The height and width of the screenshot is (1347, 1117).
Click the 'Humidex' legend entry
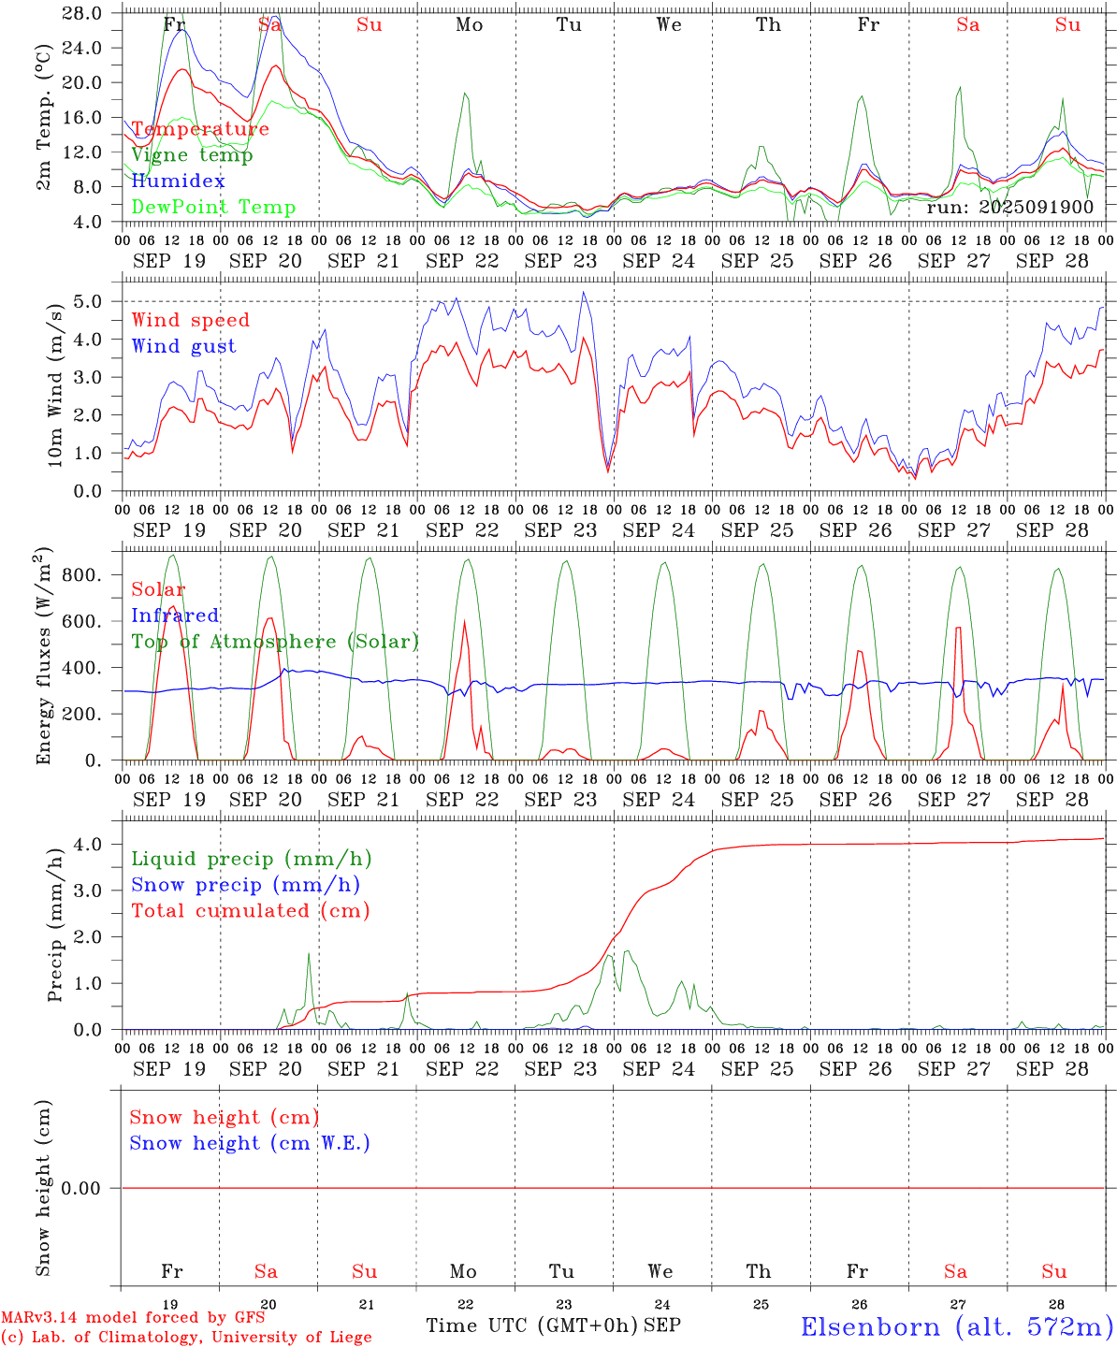178,181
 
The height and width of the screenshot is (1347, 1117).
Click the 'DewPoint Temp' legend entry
213,208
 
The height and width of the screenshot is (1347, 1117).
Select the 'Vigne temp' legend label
192,155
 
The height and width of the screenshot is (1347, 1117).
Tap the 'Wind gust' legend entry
183,346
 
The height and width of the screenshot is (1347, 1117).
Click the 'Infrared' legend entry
175,616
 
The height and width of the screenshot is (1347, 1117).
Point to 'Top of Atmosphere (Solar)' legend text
274,642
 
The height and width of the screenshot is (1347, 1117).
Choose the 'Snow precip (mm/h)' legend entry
245,885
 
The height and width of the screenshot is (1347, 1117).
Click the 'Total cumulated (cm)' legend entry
250,911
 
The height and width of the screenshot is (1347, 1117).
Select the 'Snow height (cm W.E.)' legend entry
249,1143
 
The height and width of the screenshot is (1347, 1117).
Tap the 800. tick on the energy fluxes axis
82,575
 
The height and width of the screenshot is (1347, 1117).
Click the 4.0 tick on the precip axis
96,845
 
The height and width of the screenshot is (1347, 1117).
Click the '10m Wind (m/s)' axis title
55,385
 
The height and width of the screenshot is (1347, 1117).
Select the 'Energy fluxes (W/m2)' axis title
44,658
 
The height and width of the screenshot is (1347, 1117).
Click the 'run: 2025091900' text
1009,208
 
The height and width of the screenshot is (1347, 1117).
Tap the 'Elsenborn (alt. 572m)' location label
956,1326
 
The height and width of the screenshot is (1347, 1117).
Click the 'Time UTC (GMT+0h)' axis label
531,1325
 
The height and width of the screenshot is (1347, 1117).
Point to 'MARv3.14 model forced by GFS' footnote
132,1317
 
